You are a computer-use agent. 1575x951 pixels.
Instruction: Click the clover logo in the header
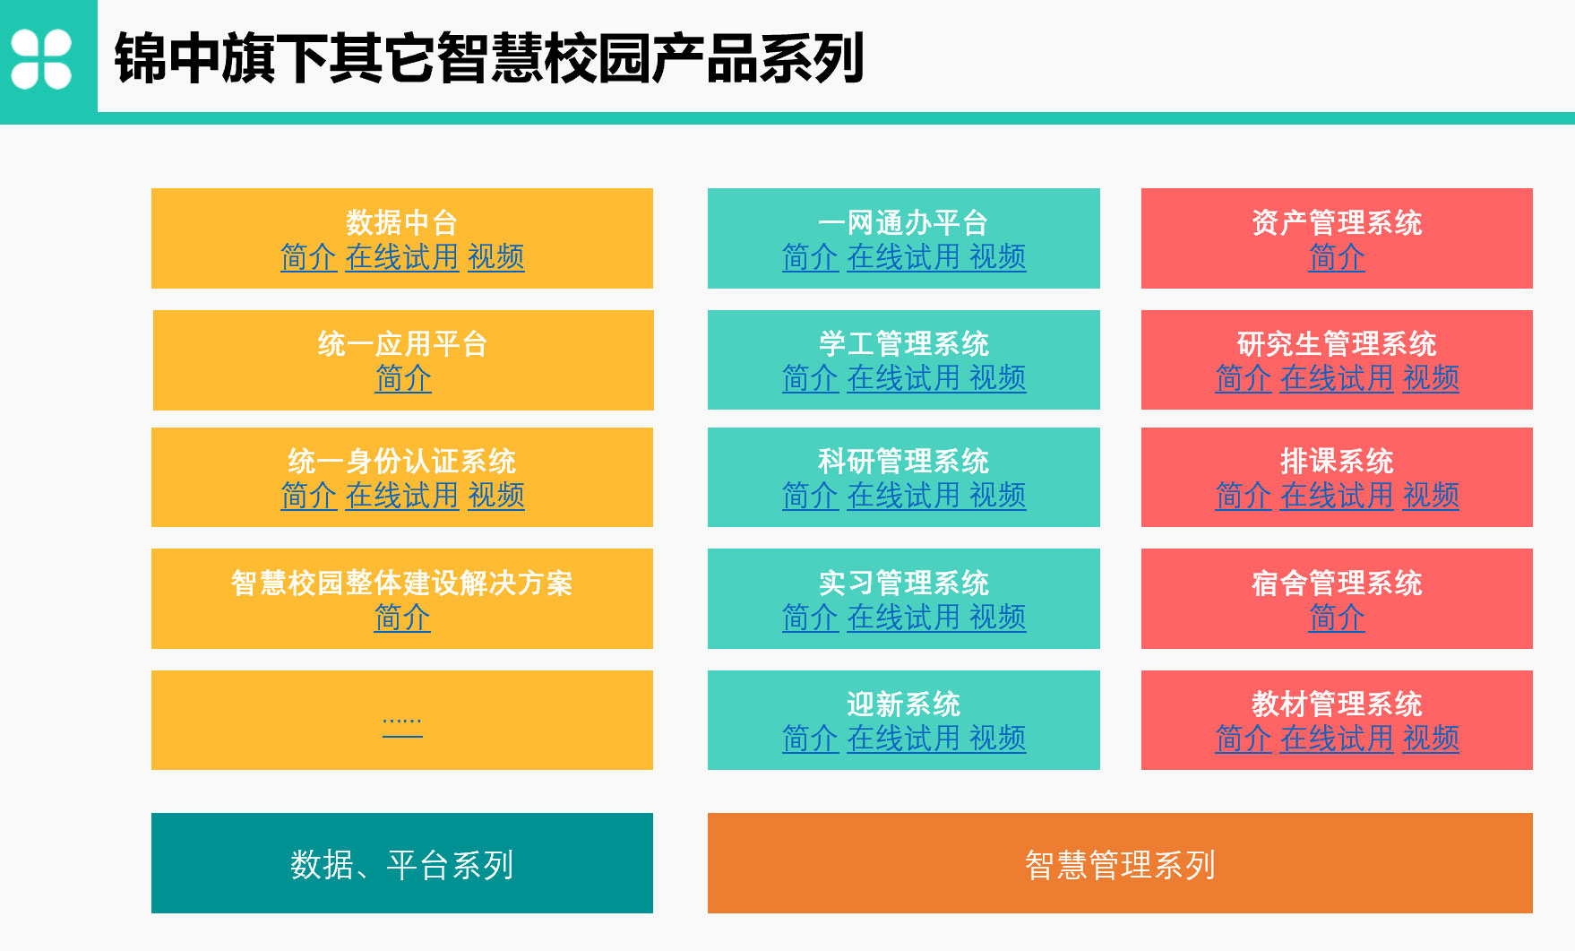click(41, 59)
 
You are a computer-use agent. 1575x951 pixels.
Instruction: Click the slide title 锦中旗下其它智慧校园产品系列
click(489, 58)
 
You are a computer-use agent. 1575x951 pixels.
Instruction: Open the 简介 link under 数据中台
click(308, 257)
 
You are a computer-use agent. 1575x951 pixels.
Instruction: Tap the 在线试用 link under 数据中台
click(402, 257)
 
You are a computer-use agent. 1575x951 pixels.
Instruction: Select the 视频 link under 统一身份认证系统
click(496, 496)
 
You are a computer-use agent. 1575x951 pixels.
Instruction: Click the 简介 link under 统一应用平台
click(403, 378)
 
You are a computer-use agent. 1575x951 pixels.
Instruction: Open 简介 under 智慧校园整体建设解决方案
click(402, 618)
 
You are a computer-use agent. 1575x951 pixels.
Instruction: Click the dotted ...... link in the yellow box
click(402, 722)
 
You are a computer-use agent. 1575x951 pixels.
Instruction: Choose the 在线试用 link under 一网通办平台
click(904, 257)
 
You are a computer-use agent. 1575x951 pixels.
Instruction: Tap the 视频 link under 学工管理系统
click(998, 378)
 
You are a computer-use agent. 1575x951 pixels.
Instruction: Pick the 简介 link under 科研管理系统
click(810, 496)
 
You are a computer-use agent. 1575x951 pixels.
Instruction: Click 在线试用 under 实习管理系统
click(904, 618)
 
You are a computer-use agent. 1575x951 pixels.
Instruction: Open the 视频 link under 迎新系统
click(998, 739)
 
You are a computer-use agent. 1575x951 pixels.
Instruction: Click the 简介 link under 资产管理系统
click(1337, 257)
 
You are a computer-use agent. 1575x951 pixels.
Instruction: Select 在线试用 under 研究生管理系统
click(1337, 378)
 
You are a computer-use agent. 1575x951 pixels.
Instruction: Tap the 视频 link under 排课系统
click(1431, 496)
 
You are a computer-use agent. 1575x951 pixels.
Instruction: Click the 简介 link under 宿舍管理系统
click(1337, 618)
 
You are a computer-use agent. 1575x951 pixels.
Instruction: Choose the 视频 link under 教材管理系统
click(1431, 739)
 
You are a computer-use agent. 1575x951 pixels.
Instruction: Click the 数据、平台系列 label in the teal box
click(402, 865)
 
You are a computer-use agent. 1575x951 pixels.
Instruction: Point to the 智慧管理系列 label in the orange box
click(1120, 865)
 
